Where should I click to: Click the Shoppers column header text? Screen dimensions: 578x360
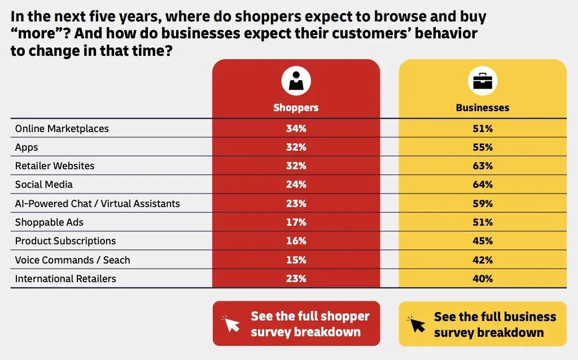pyautogui.click(x=296, y=108)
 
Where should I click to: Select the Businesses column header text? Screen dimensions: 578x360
pyautogui.click(x=483, y=108)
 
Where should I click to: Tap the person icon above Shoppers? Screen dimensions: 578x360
pyautogui.click(x=296, y=81)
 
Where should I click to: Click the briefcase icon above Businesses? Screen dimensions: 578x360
pyautogui.click(x=483, y=81)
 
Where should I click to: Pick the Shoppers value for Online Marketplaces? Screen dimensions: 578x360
pyautogui.click(x=296, y=129)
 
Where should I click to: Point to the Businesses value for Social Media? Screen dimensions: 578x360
pyautogui.click(x=483, y=185)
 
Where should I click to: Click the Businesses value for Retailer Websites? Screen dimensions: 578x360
pyautogui.click(x=483, y=166)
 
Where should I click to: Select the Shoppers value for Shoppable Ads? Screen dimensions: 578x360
pyautogui.click(x=296, y=222)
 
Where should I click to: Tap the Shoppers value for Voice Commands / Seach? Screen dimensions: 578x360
pyautogui.click(x=296, y=260)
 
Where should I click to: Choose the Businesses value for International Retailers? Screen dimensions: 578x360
pyautogui.click(x=483, y=279)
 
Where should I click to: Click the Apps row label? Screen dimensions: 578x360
pyautogui.click(x=27, y=147)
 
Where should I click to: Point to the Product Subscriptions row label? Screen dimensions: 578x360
pyautogui.click(x=65, y=241)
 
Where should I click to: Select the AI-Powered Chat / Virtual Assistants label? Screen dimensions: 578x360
pyautogui.click(x=97, y=203)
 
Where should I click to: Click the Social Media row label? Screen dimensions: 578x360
pyautogui.click(x=44, y=185)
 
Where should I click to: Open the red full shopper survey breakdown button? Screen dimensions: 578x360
pyautogui.click(x=296, y=323)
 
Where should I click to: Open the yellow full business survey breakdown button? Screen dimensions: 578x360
pyautogui.click(x=483, y=324)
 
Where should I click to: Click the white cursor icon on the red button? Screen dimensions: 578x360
pyautogui.click(x=231, y=324)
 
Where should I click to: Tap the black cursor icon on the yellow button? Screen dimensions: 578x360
pyautogui.click(x=417, y=324)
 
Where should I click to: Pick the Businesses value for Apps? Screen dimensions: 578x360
pyautogui.click(x=483, y=147)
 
